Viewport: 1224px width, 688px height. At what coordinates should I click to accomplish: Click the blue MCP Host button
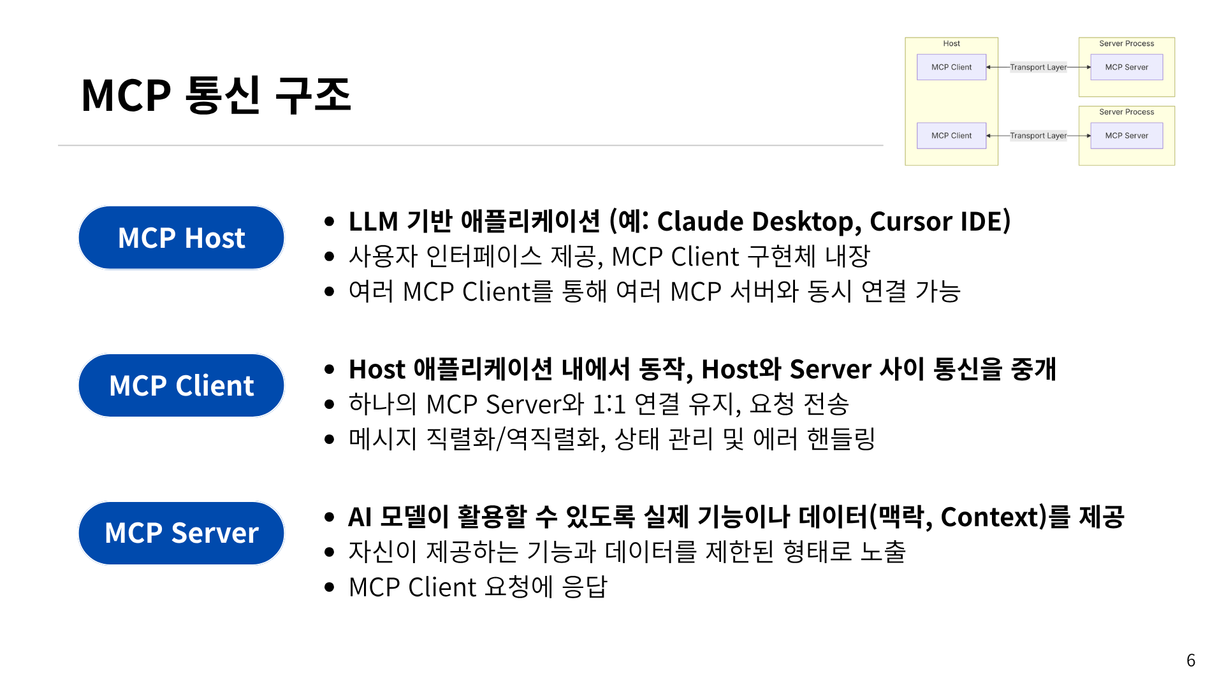coord(181,238)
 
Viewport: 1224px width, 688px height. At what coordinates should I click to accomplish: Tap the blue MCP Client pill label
coord(181,385)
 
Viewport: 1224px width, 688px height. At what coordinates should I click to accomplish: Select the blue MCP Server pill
coord(181,533)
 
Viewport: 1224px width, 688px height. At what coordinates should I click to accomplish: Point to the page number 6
coord(1190,660)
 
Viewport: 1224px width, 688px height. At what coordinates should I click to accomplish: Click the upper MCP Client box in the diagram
coord(951,67)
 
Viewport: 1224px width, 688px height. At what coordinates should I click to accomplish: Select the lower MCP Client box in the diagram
coord(951,136)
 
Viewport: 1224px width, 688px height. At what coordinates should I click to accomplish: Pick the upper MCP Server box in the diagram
coord(1126,67)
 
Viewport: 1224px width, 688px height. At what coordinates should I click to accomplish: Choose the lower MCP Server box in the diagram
coord(1126,136)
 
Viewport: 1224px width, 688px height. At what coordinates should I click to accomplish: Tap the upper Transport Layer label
coord(1038,67)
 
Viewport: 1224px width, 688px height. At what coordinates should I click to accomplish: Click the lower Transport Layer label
coord(1038,136)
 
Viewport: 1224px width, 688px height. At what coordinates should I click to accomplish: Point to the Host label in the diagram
coord(951,43)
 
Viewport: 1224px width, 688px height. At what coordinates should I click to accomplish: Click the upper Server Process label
coord(1126,43)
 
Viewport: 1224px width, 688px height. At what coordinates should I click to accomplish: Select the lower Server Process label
coord(1126,111)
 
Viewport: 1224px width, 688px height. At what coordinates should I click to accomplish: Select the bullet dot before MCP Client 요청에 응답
coord(329,587)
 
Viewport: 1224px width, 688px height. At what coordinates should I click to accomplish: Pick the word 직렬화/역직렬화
coord(515,439)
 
